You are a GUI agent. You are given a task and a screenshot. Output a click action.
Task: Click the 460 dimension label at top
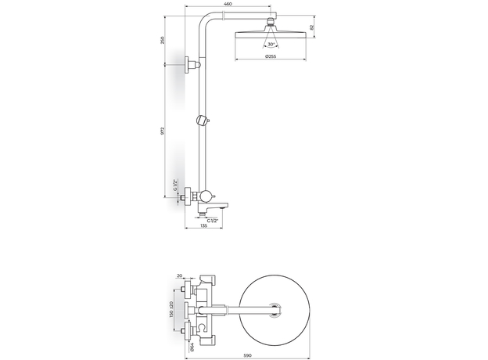click(x=228, y=4)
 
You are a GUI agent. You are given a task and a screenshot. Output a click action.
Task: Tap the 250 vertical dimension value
click(x=162, y=41)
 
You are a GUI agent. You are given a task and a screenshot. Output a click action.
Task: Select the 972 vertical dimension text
click(x=162, y=131)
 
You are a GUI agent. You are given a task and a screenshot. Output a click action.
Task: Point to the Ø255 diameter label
click(x=271, y=56)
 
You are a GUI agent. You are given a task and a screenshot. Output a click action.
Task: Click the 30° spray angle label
click(x=271, y=45)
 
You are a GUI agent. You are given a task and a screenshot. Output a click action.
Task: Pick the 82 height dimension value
click(x=313, y=27)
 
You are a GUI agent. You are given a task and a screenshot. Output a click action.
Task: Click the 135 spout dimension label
click(x=203, y=225)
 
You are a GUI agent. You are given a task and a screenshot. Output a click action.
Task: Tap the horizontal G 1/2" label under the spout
click(x=213, y=221)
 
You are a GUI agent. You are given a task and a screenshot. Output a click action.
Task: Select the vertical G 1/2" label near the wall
click(x=175, y=185)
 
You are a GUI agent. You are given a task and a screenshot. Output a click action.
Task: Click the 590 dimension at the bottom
click(x=247, y=355)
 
